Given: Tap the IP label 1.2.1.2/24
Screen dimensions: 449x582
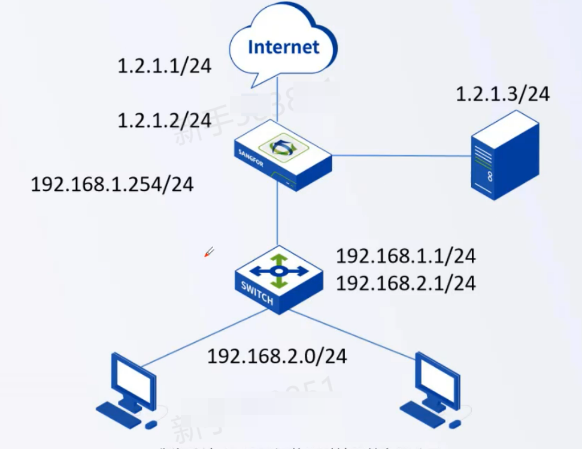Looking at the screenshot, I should pos(165,120).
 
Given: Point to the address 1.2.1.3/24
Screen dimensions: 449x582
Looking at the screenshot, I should pos(502,94).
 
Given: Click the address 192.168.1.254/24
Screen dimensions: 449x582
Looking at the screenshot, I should pos(113,184).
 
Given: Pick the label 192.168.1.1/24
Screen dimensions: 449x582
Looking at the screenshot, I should pos(405,257).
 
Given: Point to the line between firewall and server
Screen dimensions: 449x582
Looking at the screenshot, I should pos(401,156).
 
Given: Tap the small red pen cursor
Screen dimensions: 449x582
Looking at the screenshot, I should pos(209,252).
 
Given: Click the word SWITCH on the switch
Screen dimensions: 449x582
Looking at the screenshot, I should pos(257,293).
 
